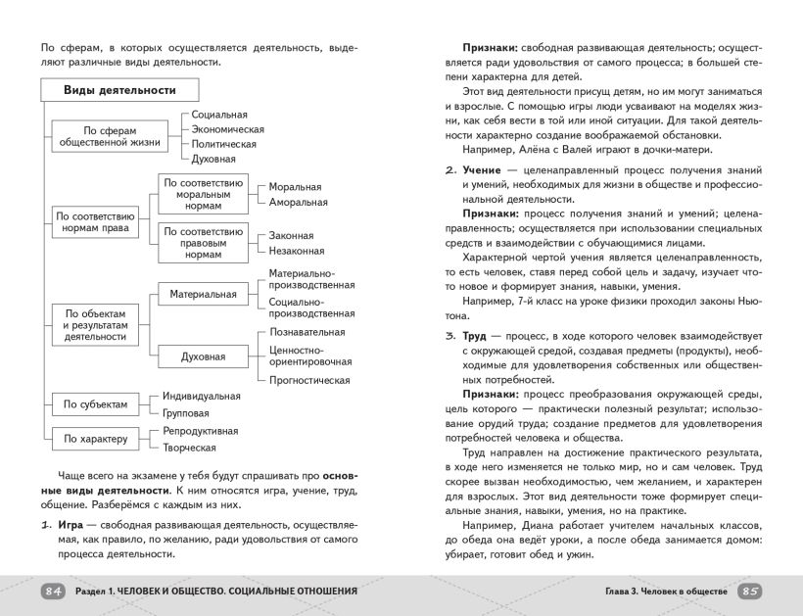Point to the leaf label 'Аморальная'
coord(298,202)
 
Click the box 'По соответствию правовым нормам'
coord(203,243)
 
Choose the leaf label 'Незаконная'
coord(298,251)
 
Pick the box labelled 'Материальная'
coord(203,294)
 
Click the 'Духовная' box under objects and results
coord(203,356)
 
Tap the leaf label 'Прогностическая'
coord(309,380)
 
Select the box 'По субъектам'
coord(95,403)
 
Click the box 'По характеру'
coord(95,439)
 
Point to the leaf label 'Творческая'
coord(189,448)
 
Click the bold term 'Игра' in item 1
coord(70,525)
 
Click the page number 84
coord(53,592)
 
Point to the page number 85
coord(749,592)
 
